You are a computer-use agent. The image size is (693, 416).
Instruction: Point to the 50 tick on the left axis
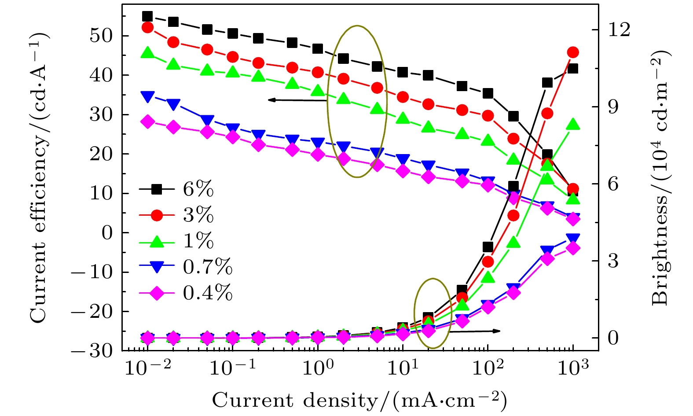[x=101, y=36]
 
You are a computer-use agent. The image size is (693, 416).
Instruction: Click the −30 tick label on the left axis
[x=93, y=351]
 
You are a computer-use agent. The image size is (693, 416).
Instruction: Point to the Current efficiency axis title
[x=39, y=176]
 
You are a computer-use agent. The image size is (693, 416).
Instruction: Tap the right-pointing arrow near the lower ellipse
[x=475, y=331]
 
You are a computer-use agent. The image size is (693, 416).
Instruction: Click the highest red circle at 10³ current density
[x=572, y=52]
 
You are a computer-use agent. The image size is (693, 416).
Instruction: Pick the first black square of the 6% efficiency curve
[x=147, y=17]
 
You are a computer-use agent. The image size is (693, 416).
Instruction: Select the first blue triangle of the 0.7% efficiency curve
[x=147, y=97]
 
